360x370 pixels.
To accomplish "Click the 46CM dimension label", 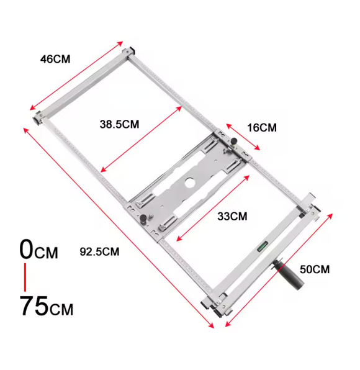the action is pos(55,59).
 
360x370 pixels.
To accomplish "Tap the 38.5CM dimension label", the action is pos(119,124).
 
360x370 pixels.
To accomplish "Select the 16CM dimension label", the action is pos(262,128).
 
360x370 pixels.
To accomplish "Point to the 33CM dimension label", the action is pos(232,216).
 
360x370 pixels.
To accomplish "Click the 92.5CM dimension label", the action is pos(99,251).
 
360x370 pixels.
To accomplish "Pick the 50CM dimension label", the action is pos(315,269).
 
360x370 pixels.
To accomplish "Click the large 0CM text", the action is pos(38,249).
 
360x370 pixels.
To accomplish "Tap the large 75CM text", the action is pos(47,306).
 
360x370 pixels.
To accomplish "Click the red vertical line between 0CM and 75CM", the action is pos(25,277).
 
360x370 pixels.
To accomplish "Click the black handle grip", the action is pos(289,273).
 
